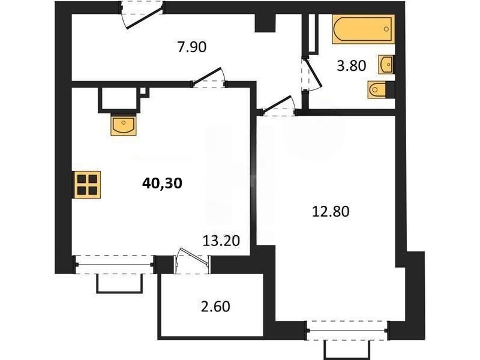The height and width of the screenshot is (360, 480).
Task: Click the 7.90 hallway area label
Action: point(192,47)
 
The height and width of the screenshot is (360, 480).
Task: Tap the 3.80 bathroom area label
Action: point(352,66)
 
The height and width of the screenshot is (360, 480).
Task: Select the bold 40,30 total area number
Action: point(162,183)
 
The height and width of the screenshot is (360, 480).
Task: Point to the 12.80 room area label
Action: point(331,212)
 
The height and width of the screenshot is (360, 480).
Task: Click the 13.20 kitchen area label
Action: point(221,241)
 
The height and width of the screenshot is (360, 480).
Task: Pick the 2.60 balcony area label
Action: point(215,307)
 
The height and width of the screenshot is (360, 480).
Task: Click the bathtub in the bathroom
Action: point(364,29)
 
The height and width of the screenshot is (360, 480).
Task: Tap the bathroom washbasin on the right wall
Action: point(386,65)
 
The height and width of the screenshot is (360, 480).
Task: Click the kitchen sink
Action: point(124,126)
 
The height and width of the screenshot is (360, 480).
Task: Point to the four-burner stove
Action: point(87,185)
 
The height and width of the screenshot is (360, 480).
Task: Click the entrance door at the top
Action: point(142,14)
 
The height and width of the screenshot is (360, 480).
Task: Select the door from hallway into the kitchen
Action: point(209,79)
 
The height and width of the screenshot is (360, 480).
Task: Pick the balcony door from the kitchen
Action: point(193,260)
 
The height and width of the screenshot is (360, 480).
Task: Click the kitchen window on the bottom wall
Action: point(115,265)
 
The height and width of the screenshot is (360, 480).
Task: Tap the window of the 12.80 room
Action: point(348,331)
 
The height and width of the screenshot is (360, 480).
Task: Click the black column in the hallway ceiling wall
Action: point(265,22)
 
